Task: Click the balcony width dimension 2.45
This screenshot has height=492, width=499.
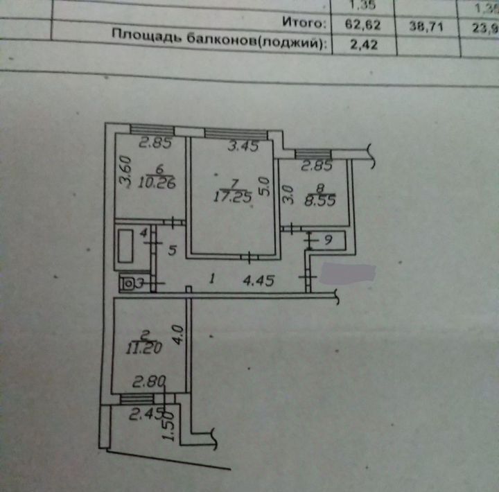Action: point(144,414)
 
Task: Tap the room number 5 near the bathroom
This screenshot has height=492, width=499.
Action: point(172,249)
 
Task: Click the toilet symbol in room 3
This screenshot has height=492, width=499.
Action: point(128,283)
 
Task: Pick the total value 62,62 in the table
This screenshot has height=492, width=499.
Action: point(363,24)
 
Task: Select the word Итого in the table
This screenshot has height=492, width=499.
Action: point(305,23)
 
